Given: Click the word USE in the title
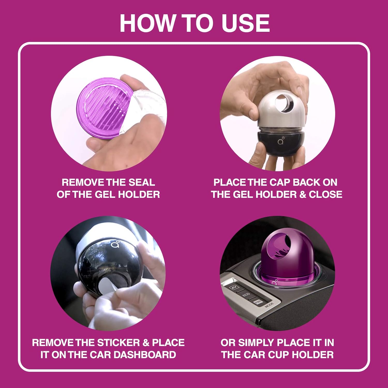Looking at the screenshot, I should [246, 23].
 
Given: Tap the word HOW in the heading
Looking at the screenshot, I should [147, 23].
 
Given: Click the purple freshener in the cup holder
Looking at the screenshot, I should [277, 256].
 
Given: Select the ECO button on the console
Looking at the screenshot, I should [246, 295].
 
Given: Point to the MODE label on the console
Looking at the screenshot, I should [269, 305].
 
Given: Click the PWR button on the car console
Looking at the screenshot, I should [257, 302].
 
